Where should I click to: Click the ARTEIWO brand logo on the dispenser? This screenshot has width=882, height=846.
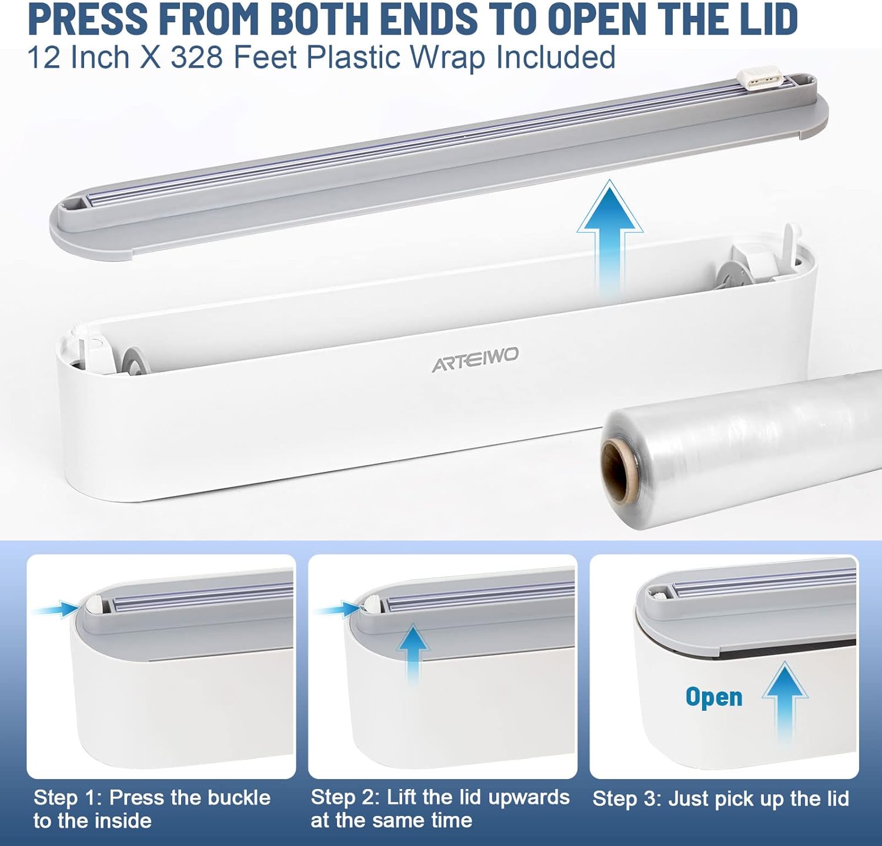click(x=476, y=359)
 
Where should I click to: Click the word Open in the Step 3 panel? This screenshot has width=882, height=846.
click(x=714, y=697)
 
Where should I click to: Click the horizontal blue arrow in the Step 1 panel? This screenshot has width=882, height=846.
click(x=56, y=610)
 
